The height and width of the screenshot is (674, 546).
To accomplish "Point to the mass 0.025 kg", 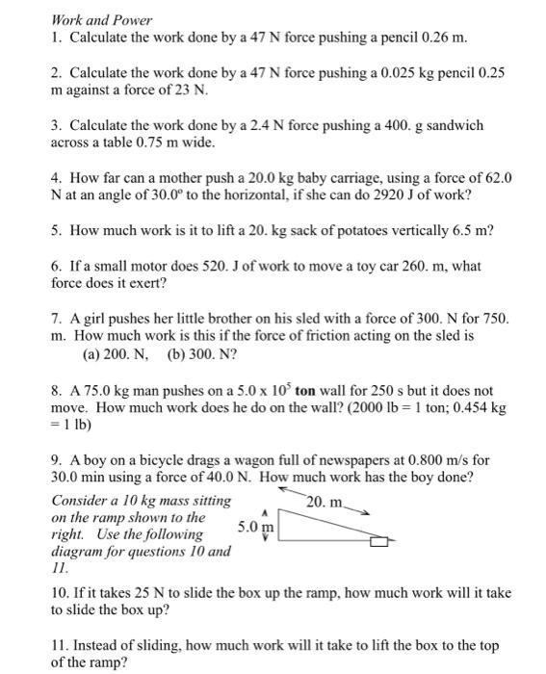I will [x=390, y=73].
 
